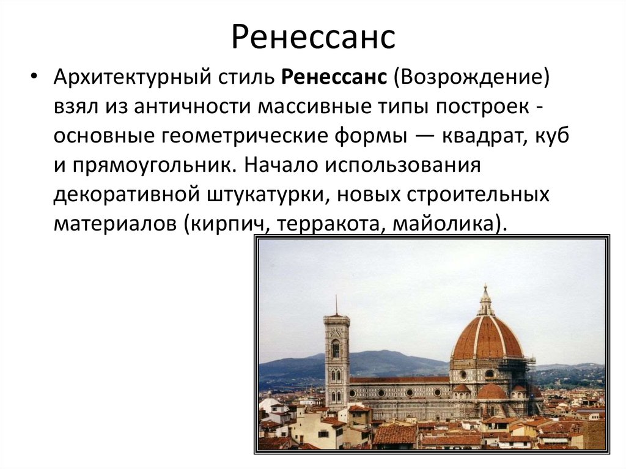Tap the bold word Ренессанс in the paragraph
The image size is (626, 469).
334,79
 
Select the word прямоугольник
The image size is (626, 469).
150,166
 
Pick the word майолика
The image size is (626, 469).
451,223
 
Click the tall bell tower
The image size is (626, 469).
337,361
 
